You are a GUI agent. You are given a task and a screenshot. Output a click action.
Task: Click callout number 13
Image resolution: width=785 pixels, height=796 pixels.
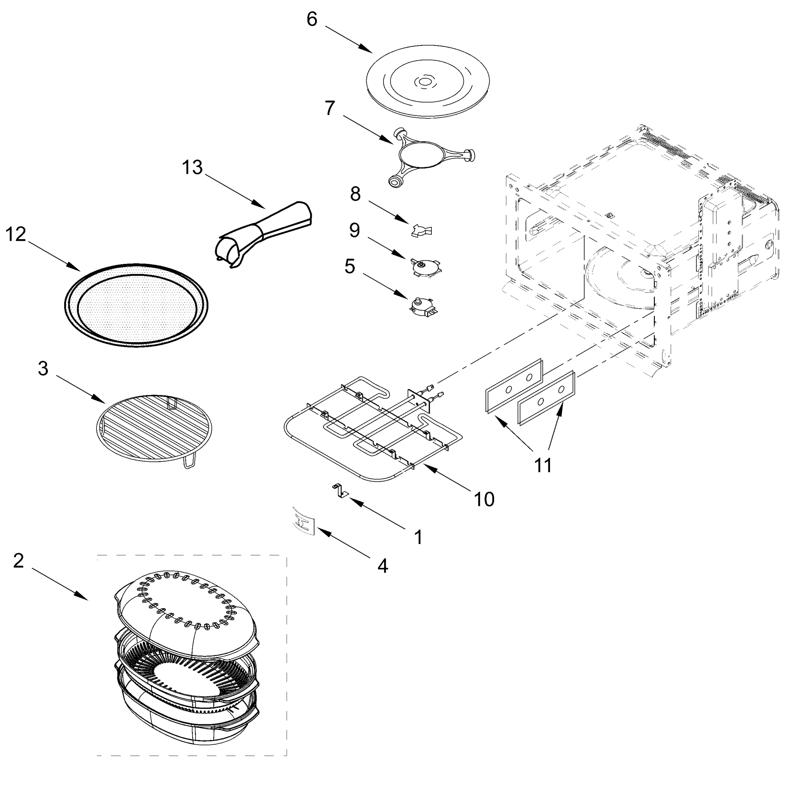pyautogui.click(x=192, y=168)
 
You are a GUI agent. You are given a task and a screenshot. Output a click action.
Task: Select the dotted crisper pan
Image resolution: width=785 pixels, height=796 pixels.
pyautogui.click(x=136, y=305)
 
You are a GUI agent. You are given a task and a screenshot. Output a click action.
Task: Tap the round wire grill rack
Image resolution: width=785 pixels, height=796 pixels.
pyautogui.click(x=154, y=429)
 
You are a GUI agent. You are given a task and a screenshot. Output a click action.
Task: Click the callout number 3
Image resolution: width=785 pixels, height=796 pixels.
pyautogui.click(x=43, y=369)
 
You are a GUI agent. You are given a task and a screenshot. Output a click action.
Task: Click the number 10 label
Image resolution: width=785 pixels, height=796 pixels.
pyautogui.click(x=484, y=499)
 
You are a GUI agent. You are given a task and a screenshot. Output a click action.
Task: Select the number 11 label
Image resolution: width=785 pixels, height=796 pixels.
pyautogui.click(x=542, y=465)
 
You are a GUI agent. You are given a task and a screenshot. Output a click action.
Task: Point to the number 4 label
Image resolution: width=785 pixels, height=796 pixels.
pyautogui.click(x=382, y=566)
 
